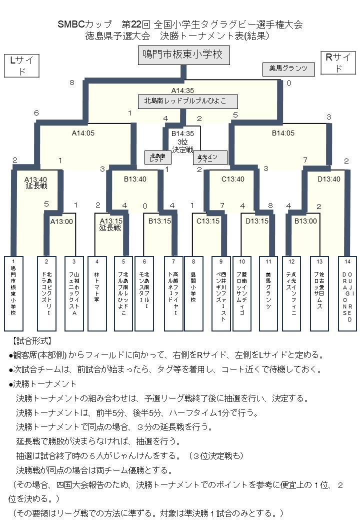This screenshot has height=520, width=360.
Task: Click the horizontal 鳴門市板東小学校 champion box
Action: (183, 55)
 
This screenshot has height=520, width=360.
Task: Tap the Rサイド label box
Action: (337, 63)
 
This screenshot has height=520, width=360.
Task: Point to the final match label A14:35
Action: (182, 90)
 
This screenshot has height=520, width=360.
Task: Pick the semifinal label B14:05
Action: (283, 133)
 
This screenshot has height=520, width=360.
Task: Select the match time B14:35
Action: (182, 134)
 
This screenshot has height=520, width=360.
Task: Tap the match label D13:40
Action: (328, 179)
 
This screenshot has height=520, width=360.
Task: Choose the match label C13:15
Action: (208, 221)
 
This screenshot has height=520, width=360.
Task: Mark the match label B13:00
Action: (305, 220)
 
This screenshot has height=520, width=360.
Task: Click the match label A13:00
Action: (61, 221)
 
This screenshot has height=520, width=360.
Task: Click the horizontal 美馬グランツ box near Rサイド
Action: (288, 69)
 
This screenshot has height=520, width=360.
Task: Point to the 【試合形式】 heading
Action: (31, 341)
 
